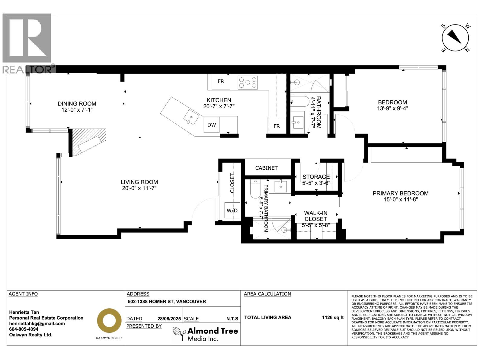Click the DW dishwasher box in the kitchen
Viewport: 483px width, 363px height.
212,125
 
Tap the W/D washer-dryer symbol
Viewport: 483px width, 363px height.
232,210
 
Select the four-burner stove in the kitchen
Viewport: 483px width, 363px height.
248,83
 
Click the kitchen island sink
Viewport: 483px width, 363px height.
191,117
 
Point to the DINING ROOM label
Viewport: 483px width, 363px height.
77,103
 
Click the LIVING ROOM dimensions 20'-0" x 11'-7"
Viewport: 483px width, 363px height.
139,188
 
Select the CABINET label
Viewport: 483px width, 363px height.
266,168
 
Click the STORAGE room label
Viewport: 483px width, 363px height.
316,177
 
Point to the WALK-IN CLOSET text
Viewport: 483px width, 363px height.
316,216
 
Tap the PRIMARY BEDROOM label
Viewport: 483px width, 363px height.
401,193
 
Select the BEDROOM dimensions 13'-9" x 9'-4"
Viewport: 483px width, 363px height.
392,108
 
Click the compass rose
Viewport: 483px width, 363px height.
455,38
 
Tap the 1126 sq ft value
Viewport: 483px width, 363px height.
333,317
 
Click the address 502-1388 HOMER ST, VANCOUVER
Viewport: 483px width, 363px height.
167,302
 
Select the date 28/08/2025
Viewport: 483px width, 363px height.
169,319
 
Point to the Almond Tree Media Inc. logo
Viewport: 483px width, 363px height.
205,334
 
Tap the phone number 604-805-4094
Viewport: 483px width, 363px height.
24,329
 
